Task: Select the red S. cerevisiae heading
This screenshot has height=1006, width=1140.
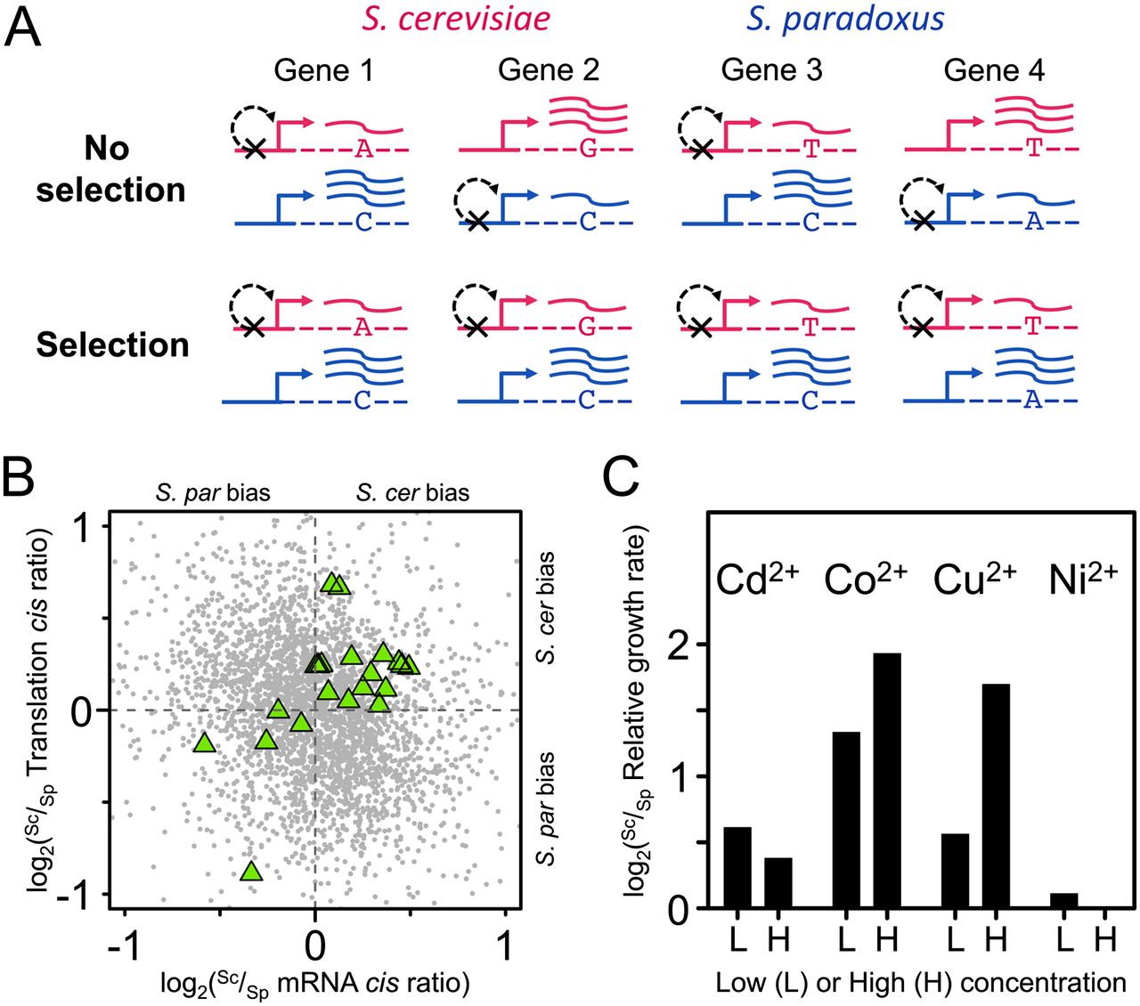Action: point(457,20)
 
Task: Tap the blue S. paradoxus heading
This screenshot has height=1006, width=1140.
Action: point(845,20)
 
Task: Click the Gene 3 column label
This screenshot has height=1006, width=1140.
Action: point(771,69)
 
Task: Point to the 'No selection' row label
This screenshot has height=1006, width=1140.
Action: point(110,169)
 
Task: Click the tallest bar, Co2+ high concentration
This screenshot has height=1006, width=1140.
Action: point(887,780)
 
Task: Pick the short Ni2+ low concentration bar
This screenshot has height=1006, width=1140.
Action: point(1063,900)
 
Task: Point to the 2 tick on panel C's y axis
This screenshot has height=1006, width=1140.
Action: point(678,645)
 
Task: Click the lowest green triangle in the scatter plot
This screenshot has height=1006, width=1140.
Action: point(252,872)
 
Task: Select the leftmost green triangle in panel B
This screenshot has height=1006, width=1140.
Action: point(204,742)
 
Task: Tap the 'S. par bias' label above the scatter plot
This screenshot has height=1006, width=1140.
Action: point(213,492)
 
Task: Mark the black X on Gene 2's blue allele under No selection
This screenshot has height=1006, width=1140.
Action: point(478,222)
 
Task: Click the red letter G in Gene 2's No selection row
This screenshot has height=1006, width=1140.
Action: point(587,149)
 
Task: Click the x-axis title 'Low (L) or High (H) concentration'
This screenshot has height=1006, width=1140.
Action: point(921,982)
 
